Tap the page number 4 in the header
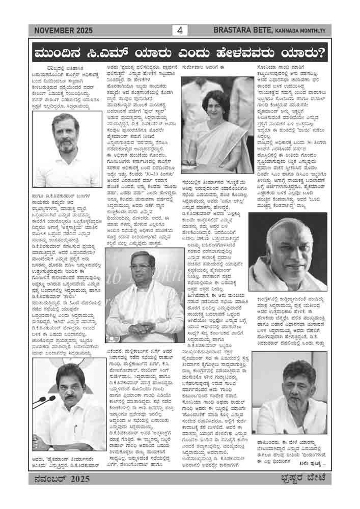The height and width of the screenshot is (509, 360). [x=180, y=31]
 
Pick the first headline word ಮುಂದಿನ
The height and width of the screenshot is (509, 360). [x=61, y=53]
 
